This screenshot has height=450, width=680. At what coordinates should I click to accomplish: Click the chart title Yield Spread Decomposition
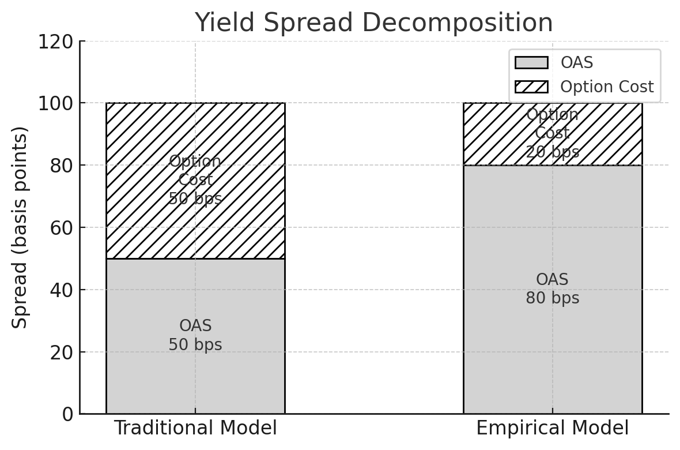373,22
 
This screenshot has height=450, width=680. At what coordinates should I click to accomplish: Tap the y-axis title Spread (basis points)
19,228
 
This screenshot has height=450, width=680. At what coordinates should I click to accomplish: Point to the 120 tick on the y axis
56,42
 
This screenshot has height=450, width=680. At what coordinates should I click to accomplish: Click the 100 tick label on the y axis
56,104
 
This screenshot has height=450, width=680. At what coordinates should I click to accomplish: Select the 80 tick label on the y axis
62,166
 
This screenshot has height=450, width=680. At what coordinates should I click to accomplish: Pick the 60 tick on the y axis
62,228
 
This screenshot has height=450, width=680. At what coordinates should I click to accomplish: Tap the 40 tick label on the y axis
62,290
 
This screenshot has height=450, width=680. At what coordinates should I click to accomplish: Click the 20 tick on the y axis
62,352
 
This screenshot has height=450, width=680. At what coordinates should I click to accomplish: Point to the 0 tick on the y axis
68,414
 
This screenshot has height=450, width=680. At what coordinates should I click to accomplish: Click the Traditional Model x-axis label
195,428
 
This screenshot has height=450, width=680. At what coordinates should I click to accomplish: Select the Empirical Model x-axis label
553,428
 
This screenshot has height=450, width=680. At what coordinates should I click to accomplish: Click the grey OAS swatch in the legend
531,62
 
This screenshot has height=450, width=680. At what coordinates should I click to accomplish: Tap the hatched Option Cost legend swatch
531,87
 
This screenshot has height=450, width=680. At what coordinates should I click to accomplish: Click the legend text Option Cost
607,87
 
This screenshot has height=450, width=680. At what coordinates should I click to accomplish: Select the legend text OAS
577,62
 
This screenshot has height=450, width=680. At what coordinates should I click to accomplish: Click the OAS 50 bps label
195,335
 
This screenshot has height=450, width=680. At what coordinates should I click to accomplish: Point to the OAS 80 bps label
553,288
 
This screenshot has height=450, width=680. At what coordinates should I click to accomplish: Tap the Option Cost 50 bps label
195,180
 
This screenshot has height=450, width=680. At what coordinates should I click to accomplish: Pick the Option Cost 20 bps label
553,133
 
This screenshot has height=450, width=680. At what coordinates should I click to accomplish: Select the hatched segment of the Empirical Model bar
553,134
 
